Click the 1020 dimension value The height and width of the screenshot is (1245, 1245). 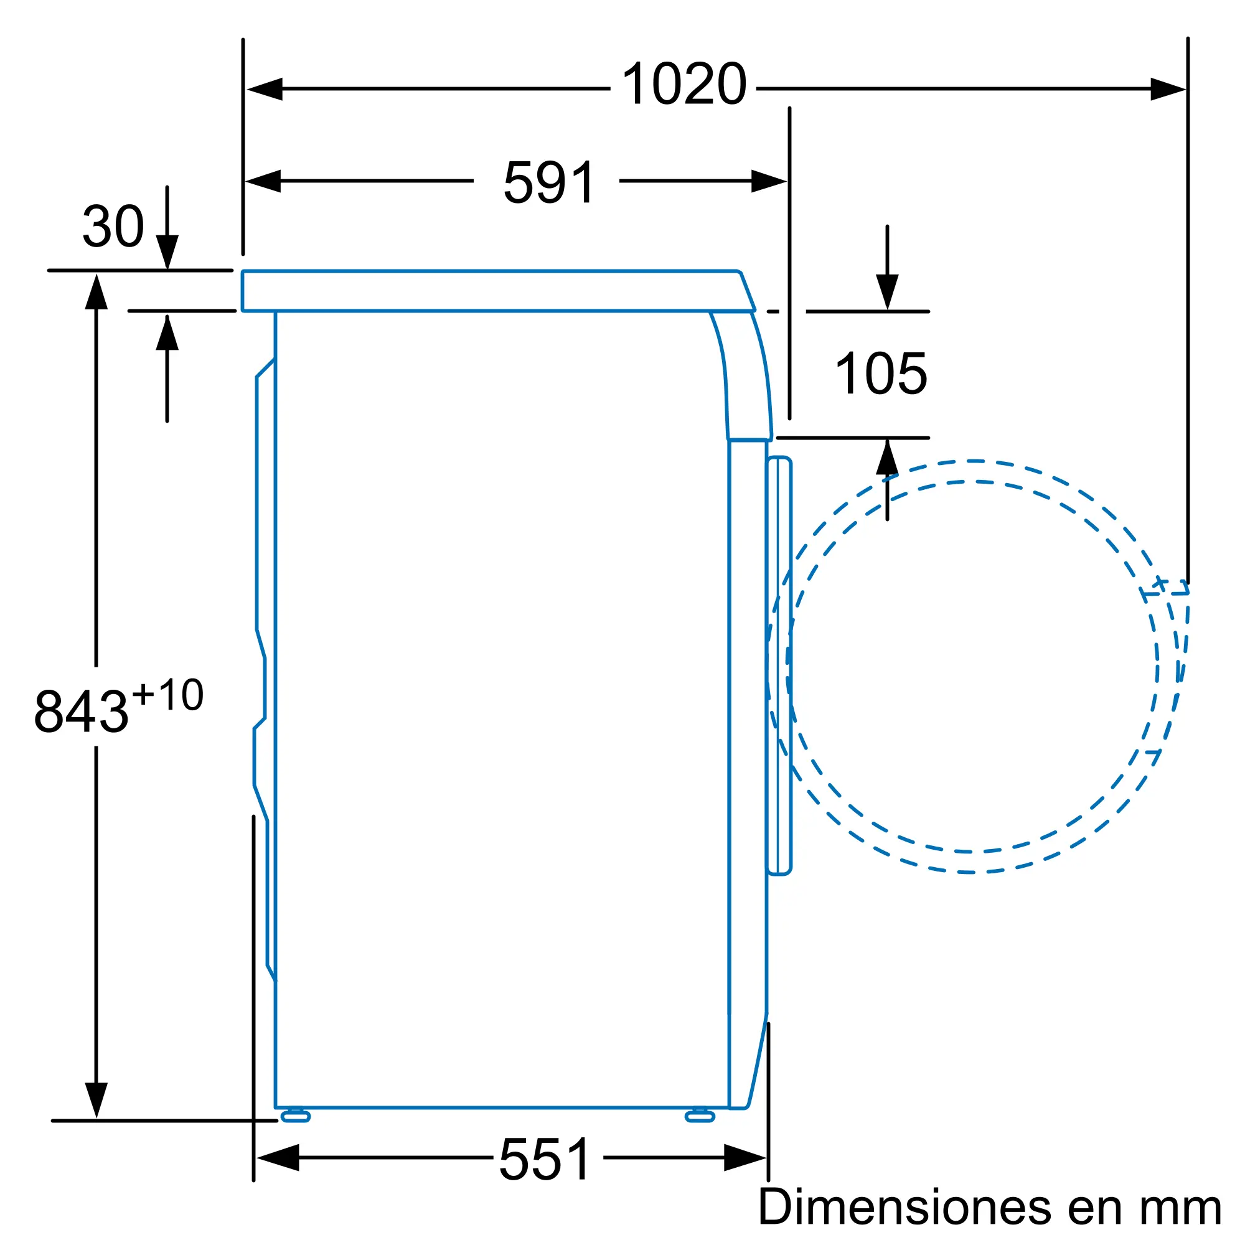[684, 84]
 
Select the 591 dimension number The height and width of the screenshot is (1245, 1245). [549, 182]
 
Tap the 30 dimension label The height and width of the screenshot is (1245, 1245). [113, 226]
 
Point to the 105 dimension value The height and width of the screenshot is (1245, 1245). [881, 373]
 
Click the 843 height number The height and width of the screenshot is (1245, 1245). [81, 712]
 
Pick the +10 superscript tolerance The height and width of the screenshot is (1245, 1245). [167, 695]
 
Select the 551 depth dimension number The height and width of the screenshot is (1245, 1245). [545, 1159]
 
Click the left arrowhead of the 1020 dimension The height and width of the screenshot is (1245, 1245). [264, 89]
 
